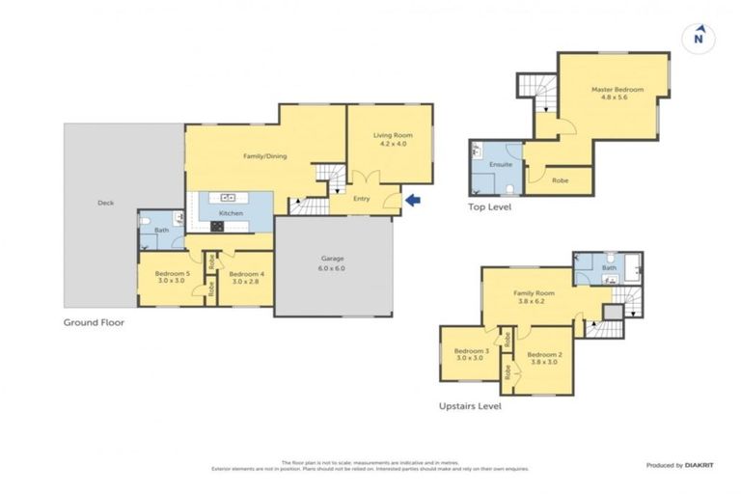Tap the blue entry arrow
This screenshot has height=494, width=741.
pos(413,201)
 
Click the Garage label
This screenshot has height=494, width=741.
pos(333,259)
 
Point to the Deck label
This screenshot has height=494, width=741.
pos(105,203)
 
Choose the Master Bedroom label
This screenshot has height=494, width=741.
pos(617,90)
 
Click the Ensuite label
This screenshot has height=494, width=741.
pos(501,164)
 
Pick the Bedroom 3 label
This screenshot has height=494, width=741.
pos(472,350)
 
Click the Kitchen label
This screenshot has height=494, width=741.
pos(231,213)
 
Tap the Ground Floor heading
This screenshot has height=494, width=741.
pos(94,322)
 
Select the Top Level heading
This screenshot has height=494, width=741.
pos(489,206)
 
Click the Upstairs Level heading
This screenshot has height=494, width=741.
pos(470,406)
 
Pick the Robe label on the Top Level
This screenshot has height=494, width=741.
pos(560,179)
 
